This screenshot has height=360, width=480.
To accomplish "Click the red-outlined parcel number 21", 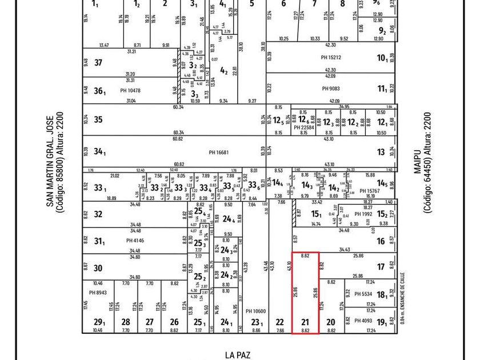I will [x=305, y=322].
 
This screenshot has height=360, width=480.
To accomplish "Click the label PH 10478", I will [x=130, y=90].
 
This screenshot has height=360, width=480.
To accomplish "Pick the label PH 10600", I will [x=255, y=311].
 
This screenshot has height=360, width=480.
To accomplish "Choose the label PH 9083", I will [x=331, y=89].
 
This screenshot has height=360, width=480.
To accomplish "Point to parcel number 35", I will [x=98, y=120].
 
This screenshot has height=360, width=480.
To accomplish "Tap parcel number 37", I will [x=98, y=63].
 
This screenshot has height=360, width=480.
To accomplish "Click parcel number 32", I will [x=98, y=214].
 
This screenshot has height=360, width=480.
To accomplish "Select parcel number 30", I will [x=98, y=267].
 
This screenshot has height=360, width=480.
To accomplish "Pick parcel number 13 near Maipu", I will [x=381, y=152].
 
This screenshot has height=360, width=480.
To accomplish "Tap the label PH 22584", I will [x=304, y=127].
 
